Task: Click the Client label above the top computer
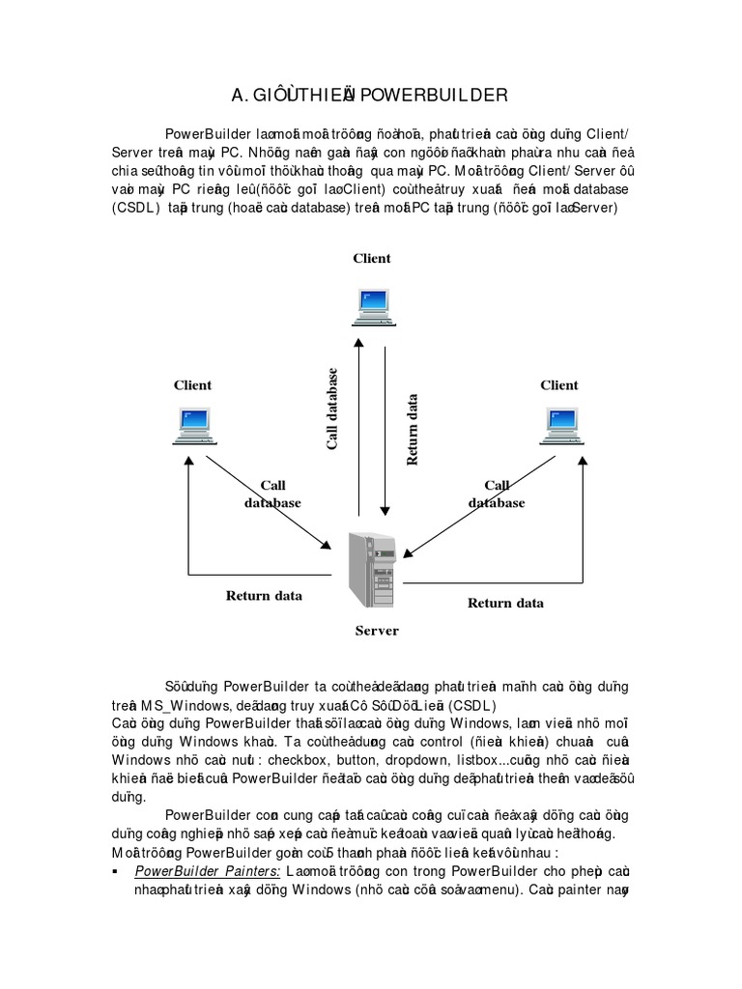(x=372, y=258)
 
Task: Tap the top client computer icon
(x=372, y=305)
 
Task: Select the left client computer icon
(x=193, y=426)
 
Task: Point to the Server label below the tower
(x=376, y=631)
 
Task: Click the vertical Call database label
(x=332, y=408)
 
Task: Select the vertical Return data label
(x=413, y=429)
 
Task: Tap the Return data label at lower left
(x=264, y=595)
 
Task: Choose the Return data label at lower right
(x=505, y=603)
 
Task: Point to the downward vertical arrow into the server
(x=385, y=425)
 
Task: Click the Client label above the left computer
(x=192, y=384)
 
